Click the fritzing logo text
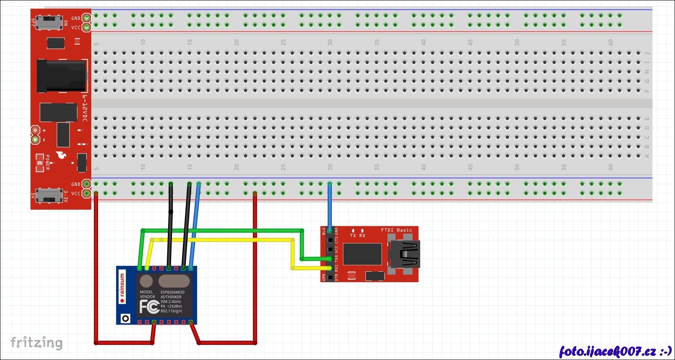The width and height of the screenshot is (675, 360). [36, 343]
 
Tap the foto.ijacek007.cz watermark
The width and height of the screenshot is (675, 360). [615, 351]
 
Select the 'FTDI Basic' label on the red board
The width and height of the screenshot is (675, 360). [396, 230]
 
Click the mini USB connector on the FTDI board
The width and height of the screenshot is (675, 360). [405, 254]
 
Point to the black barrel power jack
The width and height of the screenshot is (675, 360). [61, 76]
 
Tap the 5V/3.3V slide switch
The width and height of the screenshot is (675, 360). [49, 195]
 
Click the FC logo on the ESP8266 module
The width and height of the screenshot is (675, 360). [149, 307]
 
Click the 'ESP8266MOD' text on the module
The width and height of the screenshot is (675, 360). [172, 292]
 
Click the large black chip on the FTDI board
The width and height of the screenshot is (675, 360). [362, 254]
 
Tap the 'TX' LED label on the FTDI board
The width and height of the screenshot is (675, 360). [353, 236]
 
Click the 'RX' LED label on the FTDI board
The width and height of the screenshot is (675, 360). [362, 236]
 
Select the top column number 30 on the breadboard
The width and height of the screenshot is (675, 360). [330, 42]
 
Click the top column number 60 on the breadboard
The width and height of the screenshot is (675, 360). [611, 42]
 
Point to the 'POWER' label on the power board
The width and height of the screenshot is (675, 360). [47, 162]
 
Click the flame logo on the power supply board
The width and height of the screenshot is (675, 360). [61, 156]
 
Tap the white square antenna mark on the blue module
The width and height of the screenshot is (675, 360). [125, 318]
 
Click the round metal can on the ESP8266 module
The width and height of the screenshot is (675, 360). [146, 281]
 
